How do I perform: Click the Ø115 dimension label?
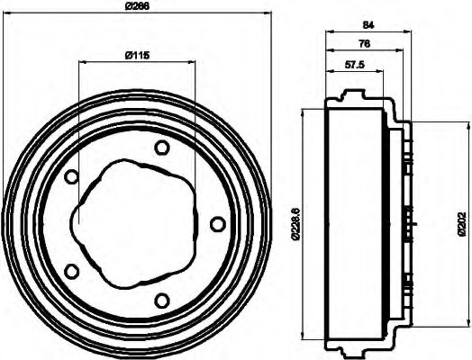(135, 56)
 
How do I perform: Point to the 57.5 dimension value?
(354, 66)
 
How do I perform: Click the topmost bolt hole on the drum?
(161, 148)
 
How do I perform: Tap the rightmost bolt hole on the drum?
(216, 222)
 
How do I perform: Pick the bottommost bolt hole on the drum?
(161, 300)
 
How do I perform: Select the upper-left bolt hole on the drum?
(73, 177)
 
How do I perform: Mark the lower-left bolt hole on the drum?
(73, 270)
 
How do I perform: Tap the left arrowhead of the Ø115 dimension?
(82, 62)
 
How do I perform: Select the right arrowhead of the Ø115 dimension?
(193, 62)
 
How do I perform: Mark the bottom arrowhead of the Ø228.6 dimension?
(304, 339)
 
